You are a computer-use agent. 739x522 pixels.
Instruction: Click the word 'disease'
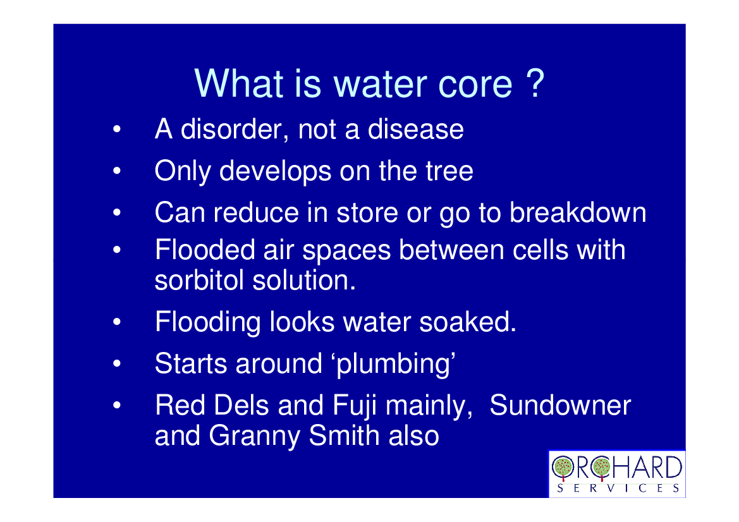[x=416, y=129]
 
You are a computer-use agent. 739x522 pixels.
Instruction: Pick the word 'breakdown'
[x=578, y=212]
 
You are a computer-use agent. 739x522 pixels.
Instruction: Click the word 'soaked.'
[x=468, y=322]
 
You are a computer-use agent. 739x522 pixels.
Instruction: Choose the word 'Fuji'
[x=355, y=406]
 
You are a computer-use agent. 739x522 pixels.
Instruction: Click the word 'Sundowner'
[x=560, y=404]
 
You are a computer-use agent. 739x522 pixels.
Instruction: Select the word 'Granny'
[x=255, y=436]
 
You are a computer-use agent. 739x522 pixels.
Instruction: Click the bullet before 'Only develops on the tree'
[x=117, y=171]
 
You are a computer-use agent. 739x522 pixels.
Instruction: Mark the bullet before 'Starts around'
[x=117, y=364]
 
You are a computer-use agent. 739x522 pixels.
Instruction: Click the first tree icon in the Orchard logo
[x=563, y=468]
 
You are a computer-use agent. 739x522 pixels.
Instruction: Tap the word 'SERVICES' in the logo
[x=618, y=488]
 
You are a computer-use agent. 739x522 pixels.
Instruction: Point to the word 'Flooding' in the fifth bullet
[x=207, y=323]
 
